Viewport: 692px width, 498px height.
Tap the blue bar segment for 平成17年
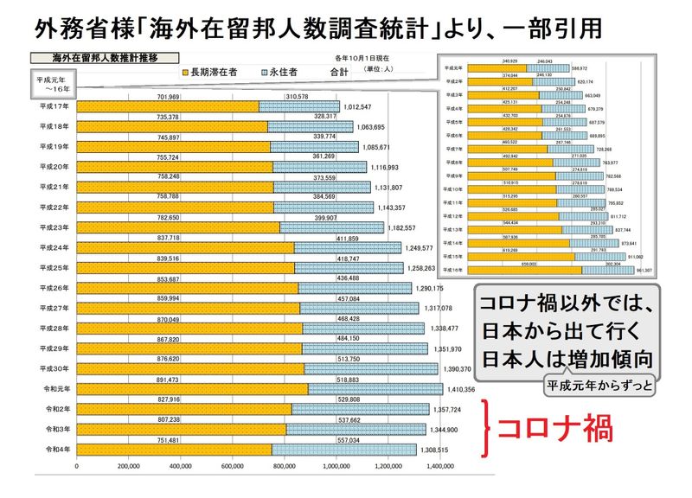[295, 107]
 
